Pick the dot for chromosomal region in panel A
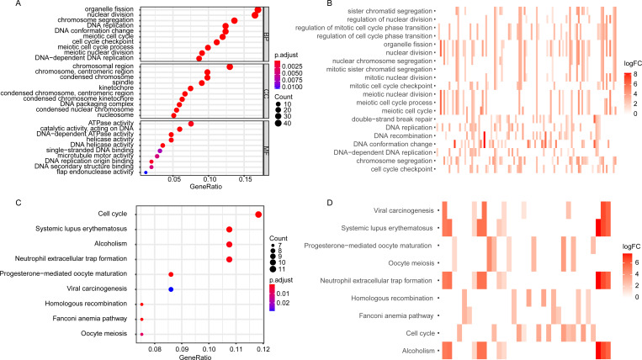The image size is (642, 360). tap(230, 66)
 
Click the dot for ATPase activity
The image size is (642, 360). tap(191, 124)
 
